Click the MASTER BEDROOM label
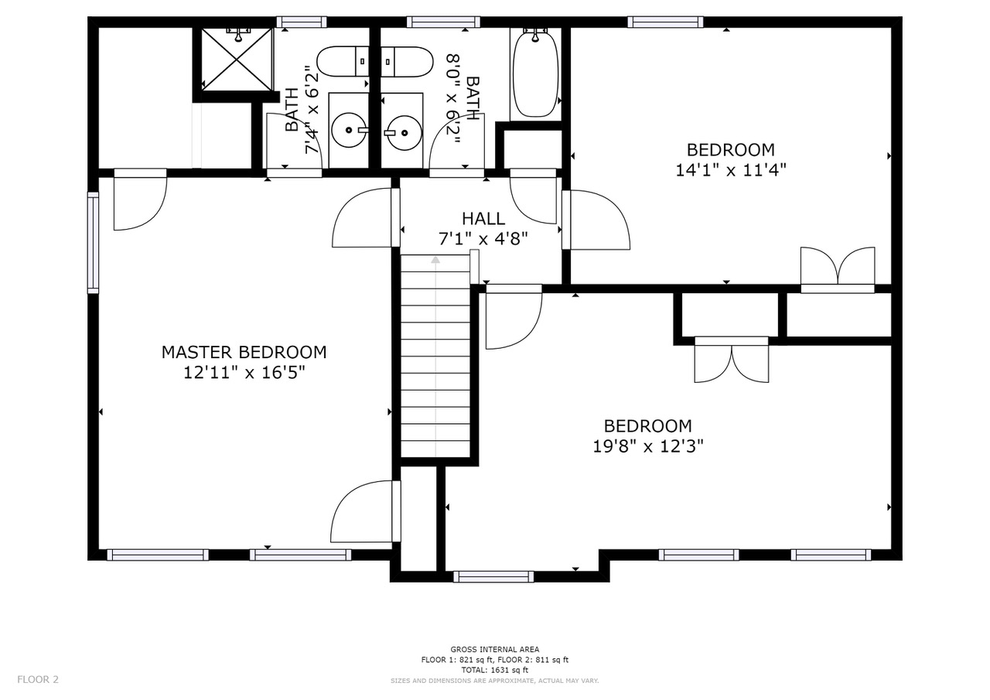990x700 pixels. [x=244, y=353]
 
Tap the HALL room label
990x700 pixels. [x=483, y=219]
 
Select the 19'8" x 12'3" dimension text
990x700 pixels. [x=647, y=446]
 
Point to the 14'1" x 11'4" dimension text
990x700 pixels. [x=731, y=170]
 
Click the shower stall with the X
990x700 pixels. [x=237, y=60]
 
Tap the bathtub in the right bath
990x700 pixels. [x=535, y=73]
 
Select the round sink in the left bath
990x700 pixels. [x=349, y=130]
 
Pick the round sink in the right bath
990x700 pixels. [x=404, y=132]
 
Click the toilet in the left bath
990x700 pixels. [x=343, y=61]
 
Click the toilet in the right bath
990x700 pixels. [x=407, y=62]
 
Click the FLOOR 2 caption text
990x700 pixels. [x=38, y=679]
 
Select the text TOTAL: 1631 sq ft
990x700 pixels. [x=494, y=670]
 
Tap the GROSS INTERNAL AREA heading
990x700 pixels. [x=494, y=649]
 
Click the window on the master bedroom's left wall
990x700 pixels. [x=93, y=243]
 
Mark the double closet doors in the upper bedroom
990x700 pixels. [x=838, y=271]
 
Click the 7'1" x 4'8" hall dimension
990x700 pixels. [x=483, y=239]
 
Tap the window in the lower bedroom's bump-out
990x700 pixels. [x=493, y=577]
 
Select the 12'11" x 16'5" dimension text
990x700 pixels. [x=244, y=373]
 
